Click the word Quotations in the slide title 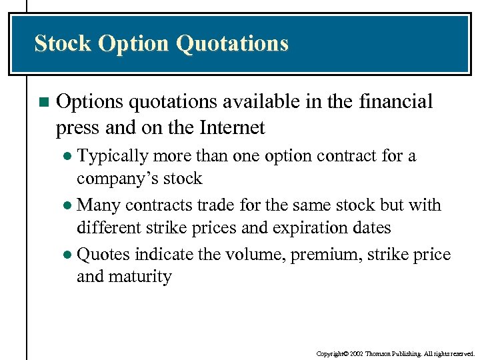(232, 43)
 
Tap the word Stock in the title (63, 43)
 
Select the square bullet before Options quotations (43, 103)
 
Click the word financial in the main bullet (397, 102)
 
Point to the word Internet (227, 127)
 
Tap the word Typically (113, 157)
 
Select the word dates (371, 227)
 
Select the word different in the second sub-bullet (107, 227)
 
